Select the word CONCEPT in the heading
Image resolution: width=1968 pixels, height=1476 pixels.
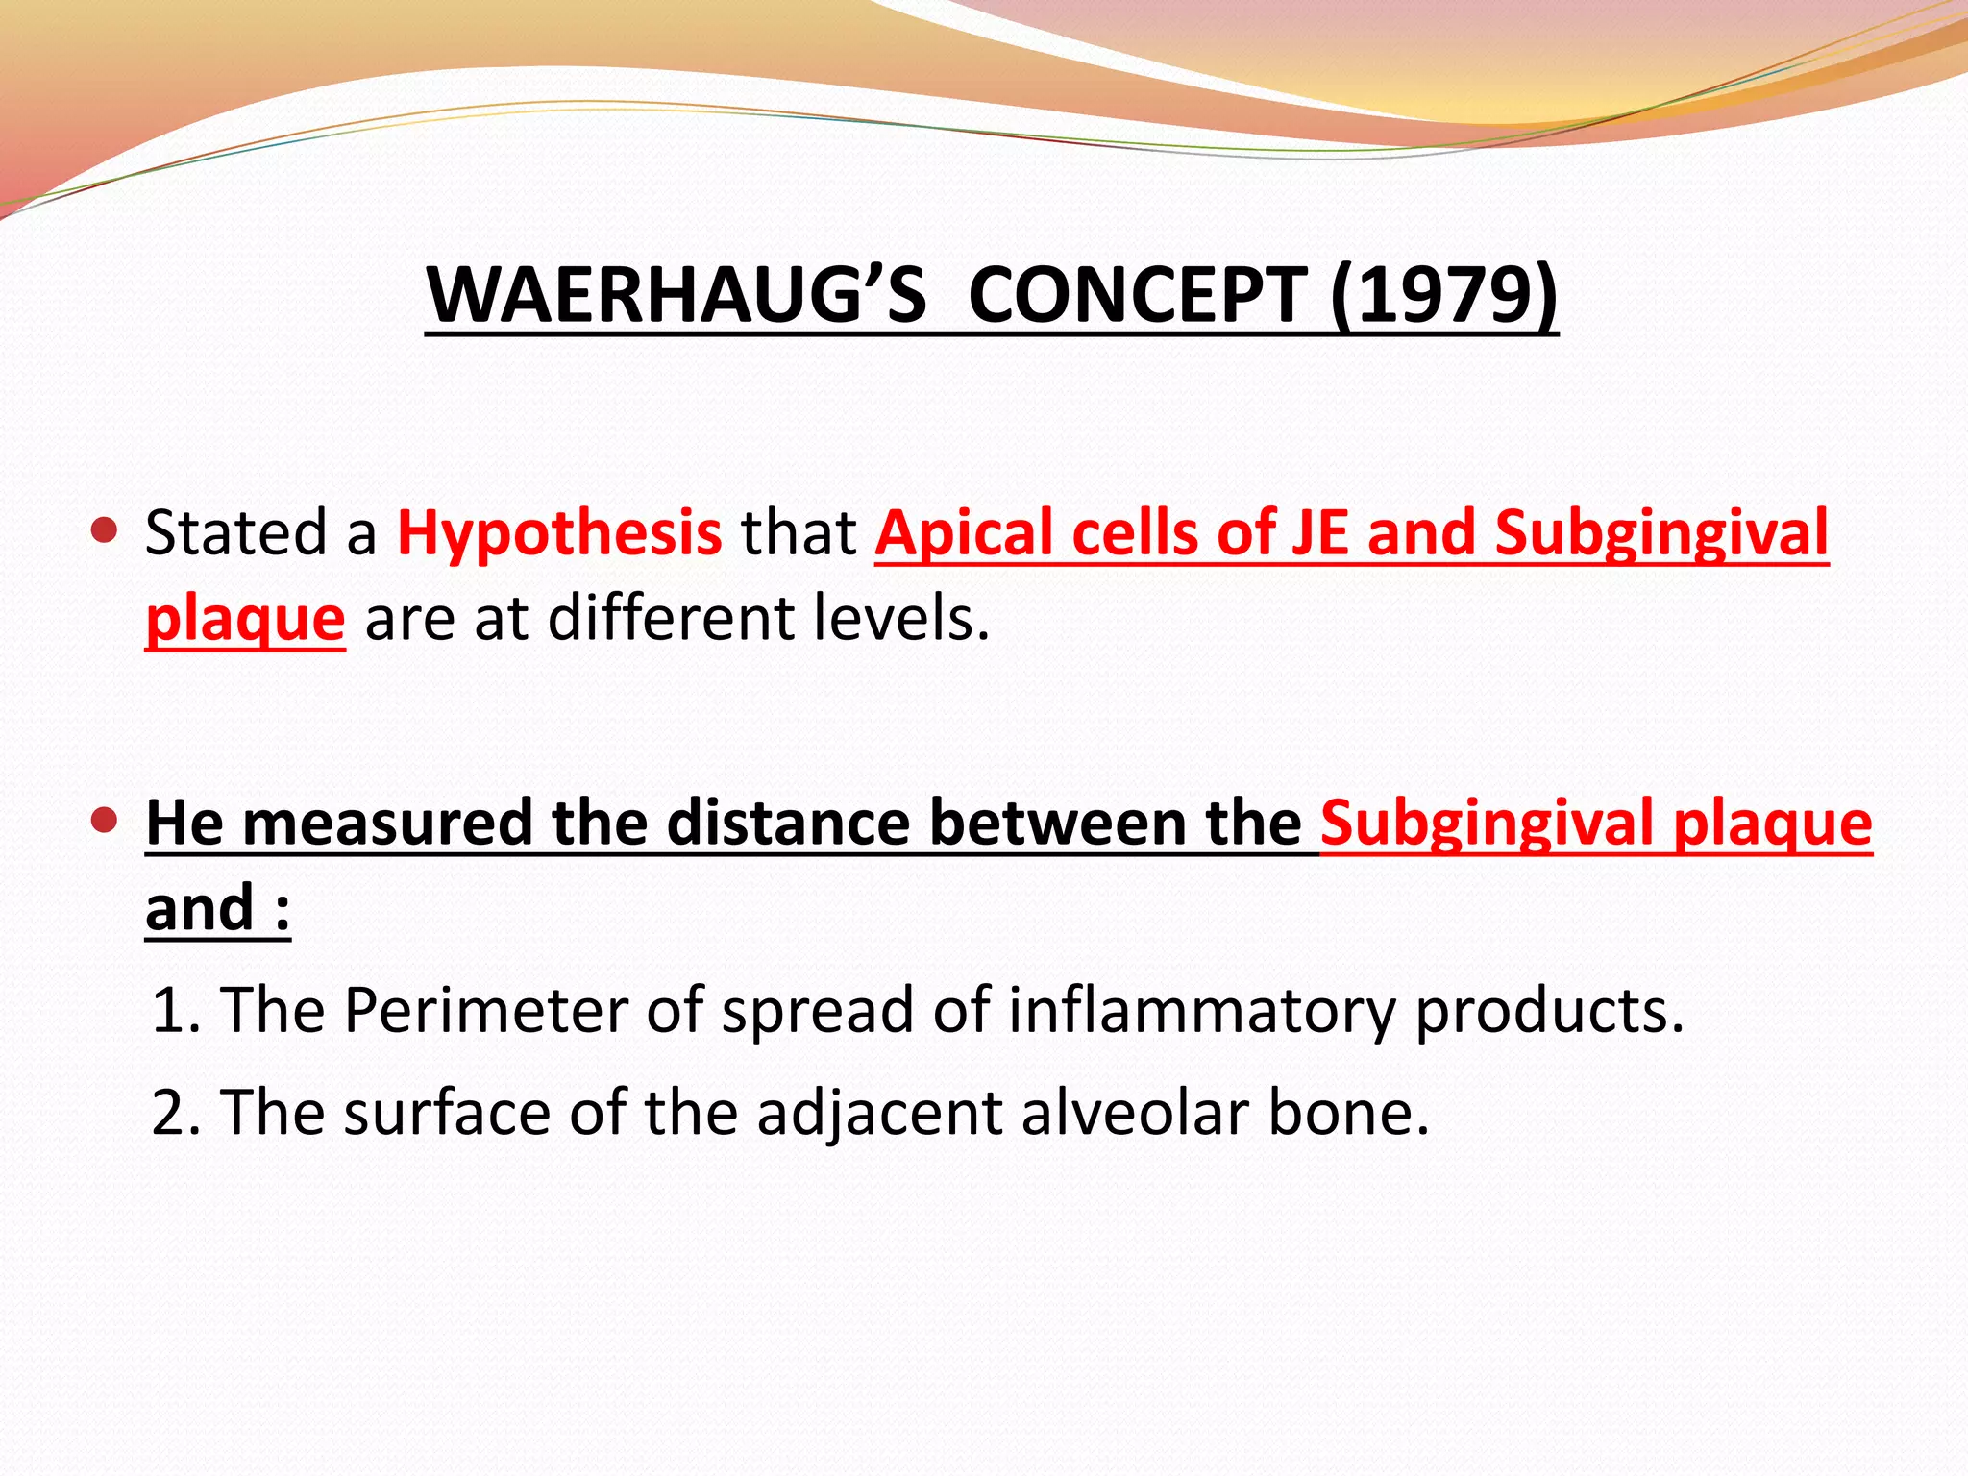(1138, 295)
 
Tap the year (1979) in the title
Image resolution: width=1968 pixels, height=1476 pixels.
(1444, 295)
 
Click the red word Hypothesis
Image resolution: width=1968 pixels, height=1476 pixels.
(559, 533)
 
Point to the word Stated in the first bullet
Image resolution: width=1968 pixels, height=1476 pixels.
(235, 533)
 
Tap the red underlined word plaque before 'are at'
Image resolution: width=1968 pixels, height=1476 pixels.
(245, 620)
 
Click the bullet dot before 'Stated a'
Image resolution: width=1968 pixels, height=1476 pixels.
(104, 529)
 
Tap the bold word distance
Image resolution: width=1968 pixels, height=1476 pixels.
(788, 824)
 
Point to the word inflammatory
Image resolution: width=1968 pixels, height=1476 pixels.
(1201, 1011)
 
